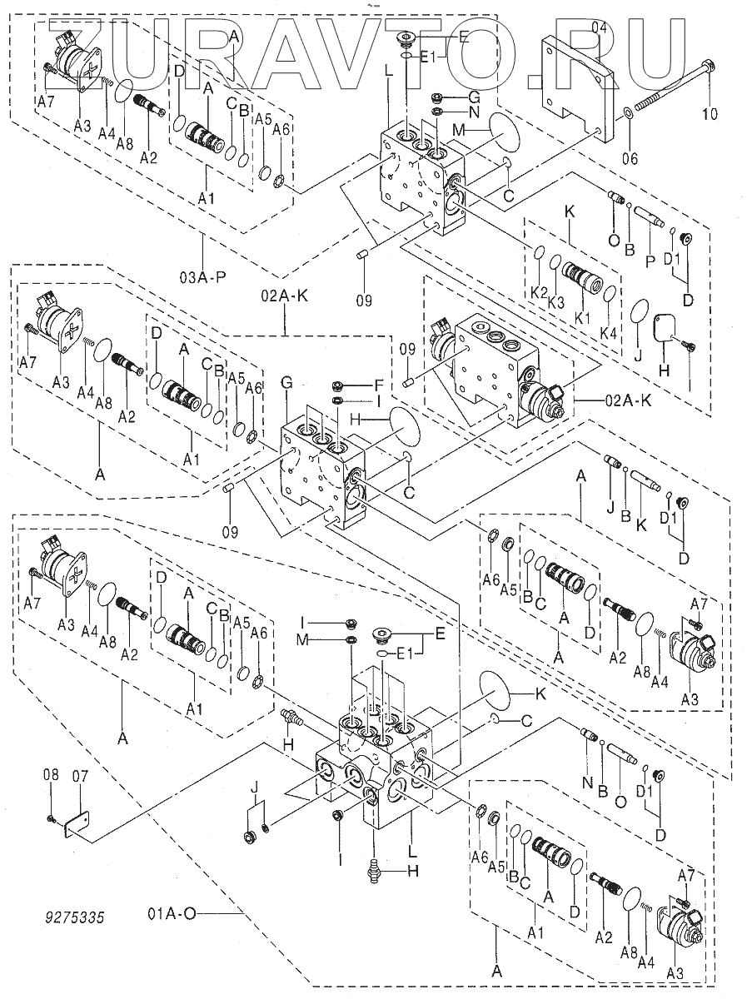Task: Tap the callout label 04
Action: coord(599,28)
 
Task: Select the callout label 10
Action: coord(709,113)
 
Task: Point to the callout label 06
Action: coord(630,158)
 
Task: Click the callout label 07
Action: coord(80,775)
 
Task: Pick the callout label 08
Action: coord(52,774)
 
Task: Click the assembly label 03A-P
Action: coord(202,276)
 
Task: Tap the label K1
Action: coord(582,318)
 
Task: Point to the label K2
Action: coord(540,293)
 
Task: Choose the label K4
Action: coord(609,332)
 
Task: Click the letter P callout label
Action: coord(650,261)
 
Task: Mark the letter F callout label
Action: coord(379,385)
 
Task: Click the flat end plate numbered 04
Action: coord(575,83)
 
